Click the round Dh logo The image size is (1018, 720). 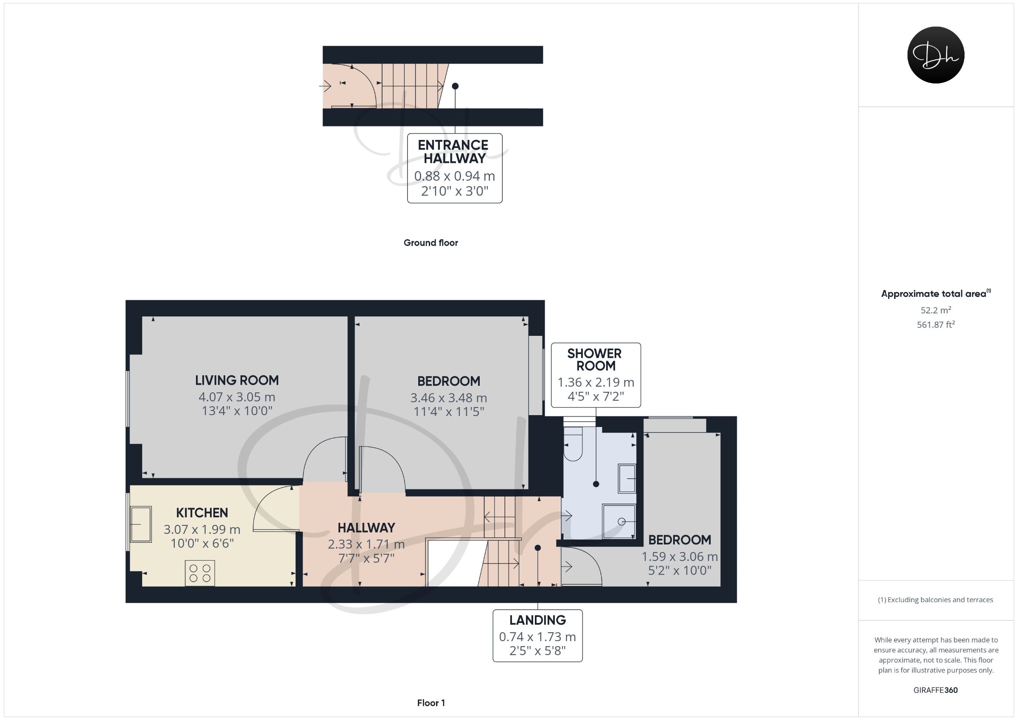pos(936,55)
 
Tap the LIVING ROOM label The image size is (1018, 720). pos(237,380)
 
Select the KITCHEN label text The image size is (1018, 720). pos(202,513)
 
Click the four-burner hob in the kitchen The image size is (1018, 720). pos(200,573)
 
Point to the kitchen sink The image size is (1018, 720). pos(141,524)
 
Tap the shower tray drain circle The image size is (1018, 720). pos(622,522)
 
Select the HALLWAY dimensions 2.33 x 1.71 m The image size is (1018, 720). pos(366,544)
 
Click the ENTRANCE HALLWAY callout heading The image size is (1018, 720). pos(454,152)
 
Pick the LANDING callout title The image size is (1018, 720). pos(537,620)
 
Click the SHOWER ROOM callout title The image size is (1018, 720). pos(595,360)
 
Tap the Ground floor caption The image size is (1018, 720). pos(431,243)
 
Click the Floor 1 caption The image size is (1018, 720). pos(431,703)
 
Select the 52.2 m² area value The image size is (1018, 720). pos(936,310)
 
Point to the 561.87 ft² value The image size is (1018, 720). pos(936,324)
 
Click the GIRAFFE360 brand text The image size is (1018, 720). pos(936,690)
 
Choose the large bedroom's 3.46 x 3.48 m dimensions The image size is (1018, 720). pos(449,398)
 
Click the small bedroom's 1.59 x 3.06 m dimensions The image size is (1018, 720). pos(680,556)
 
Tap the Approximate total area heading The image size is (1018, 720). pos(936,293)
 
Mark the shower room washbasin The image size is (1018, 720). pos(627,479)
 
